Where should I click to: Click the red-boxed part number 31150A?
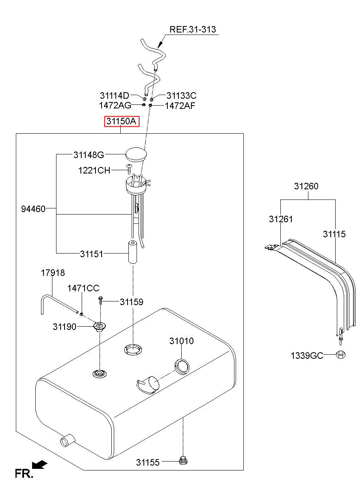point(121,121)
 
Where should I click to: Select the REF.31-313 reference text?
point(193,29)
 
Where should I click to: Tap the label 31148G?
point(89,155)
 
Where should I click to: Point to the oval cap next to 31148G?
point(136,154)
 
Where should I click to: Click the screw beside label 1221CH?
point(129,169)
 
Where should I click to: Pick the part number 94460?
point(33,209)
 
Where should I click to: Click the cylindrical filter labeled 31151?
point(132,252)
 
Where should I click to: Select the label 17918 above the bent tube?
point(53,273)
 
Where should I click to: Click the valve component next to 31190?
point(100,326)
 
